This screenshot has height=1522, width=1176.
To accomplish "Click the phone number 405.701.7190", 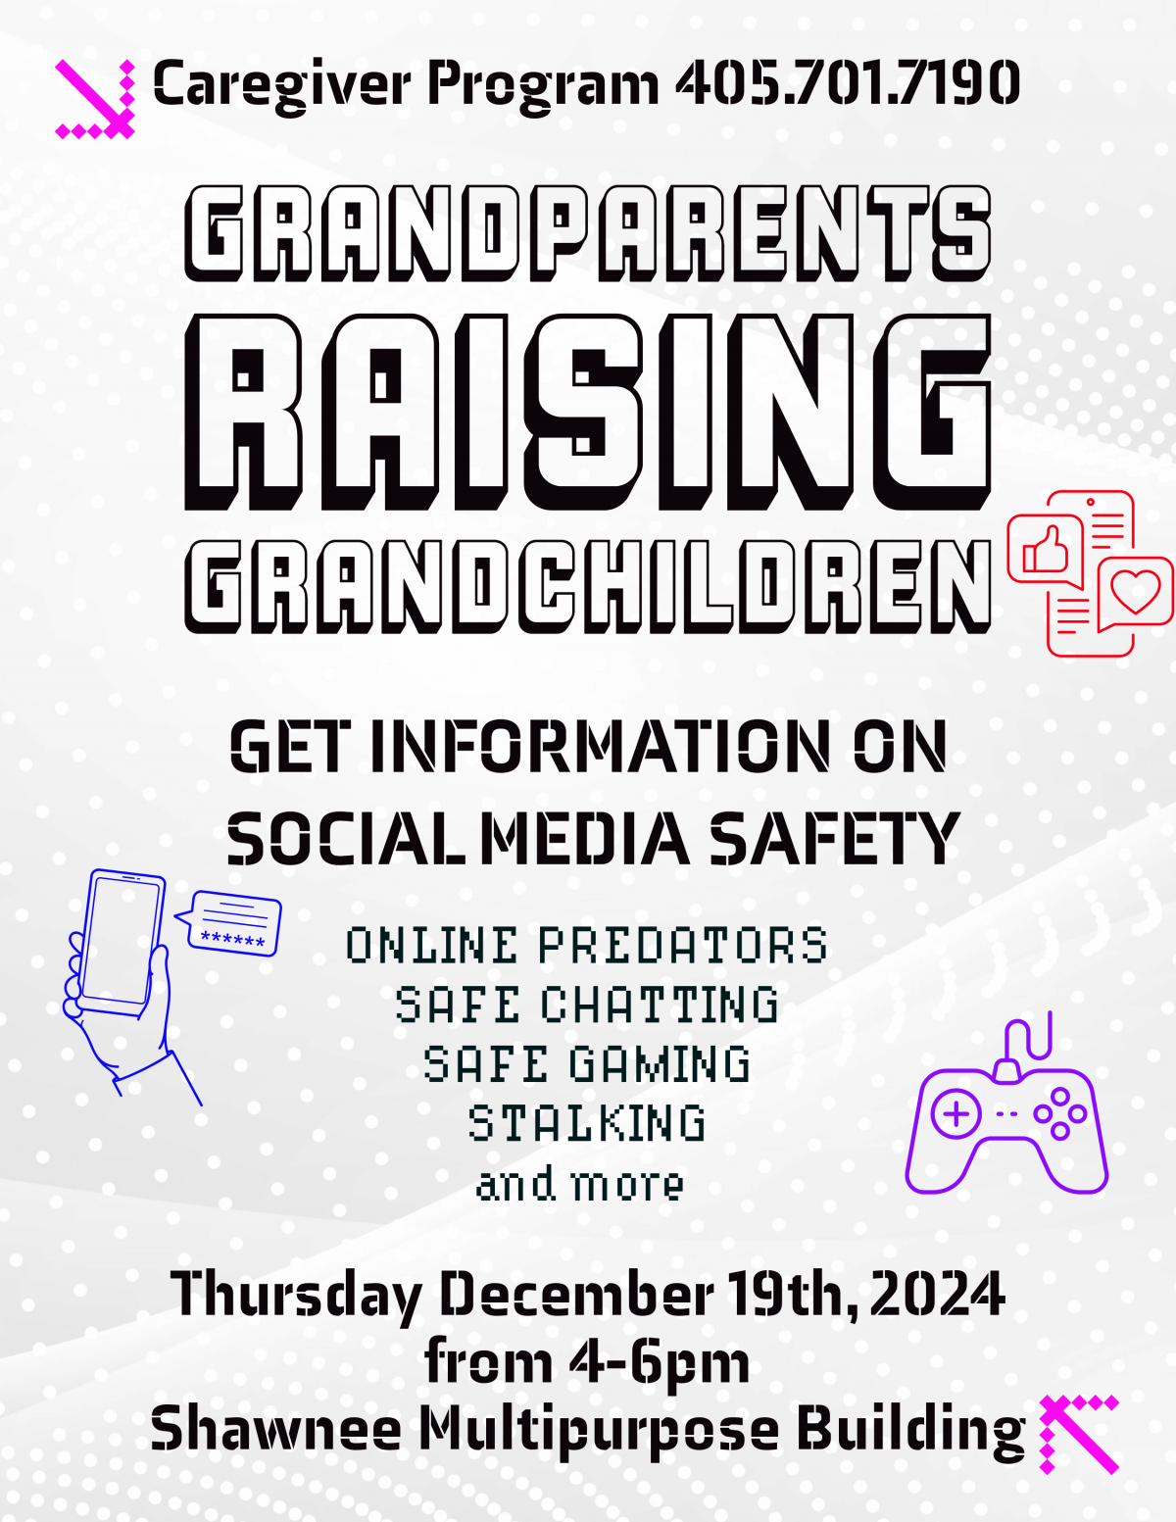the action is pos(849,82).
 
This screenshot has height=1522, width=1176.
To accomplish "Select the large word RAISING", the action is pos(588,413).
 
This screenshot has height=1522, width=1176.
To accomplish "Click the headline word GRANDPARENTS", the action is pos(588,233).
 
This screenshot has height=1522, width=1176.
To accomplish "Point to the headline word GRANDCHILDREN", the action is pos(588,587).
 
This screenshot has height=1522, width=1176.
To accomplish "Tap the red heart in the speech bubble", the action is pos(1136,591).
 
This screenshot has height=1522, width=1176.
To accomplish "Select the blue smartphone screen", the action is pos(120,940).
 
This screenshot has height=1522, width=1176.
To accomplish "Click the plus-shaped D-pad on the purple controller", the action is pos(955,1113).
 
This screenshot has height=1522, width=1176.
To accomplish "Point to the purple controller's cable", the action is pos(1028,1037).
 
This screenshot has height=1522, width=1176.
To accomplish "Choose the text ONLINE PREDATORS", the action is pos(587,945).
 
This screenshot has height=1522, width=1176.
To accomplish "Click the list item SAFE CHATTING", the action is pos(587,1005).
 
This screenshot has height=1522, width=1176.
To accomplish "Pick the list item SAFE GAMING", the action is pos(587,1064).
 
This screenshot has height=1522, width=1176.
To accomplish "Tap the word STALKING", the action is pos(587,1123).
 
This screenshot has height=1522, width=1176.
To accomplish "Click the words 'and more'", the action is pos(580,1185).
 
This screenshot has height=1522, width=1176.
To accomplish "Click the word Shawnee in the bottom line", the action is pos(276,1429).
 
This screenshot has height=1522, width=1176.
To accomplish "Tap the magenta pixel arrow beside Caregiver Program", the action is pos(95,99).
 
